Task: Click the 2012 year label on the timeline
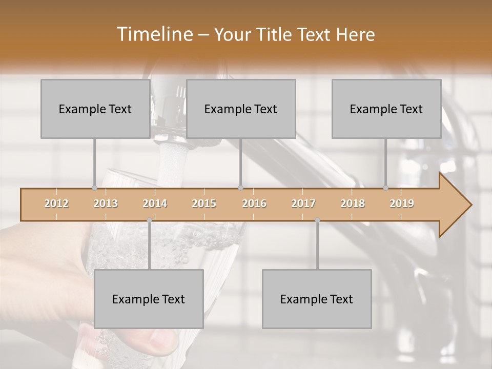click(x=56, y=203)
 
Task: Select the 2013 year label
click(x=106, y=203)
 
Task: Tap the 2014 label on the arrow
click(x=155, y=203)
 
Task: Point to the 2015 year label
click(x=204, y=203)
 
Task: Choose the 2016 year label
click(x=254, y=203)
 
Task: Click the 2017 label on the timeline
click(x=303, y=203)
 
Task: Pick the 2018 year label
click(x=353, y=203)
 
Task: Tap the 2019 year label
click(x=402, y=203)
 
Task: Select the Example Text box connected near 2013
click(x=95, y=109)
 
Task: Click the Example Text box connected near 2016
click(x=241, y=109)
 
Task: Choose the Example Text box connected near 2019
click(x=386, y=109)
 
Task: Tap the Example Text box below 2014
click(x=149, y=299)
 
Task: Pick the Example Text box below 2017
click(x=317, y=299)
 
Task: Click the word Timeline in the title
click(x=154, y=34)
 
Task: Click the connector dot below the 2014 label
click(x=149, y=220)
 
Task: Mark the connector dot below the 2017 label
click(x=317, y=220)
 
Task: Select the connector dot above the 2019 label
click(x=386, y=188)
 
